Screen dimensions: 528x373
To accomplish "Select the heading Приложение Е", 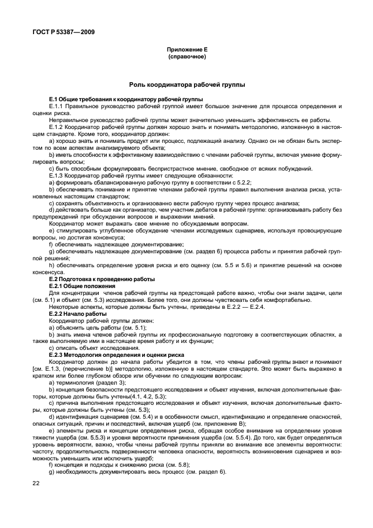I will click(x=186, y=51).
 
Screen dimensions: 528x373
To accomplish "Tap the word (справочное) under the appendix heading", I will click(x=186, y=58).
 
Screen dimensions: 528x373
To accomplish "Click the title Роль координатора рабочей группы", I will click(x=186, y=84).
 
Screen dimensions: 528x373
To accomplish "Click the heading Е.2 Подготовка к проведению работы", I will click(x=102, y=279).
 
